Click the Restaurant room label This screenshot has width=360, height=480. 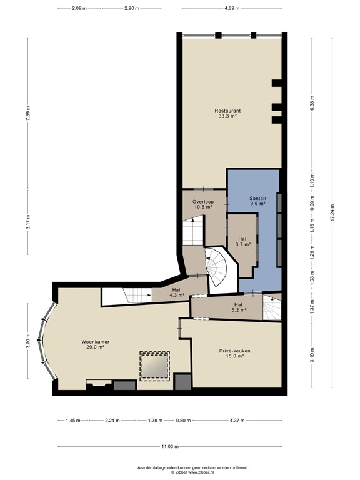coord(227,113)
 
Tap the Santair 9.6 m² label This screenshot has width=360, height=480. coord(257,201)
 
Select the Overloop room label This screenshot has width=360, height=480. coord(203,204)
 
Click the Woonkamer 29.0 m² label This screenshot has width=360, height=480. coord(95,344)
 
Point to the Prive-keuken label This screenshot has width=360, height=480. coord(234,353)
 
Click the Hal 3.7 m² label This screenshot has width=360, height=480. coord(242,242)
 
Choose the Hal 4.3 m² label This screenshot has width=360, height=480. coord(176,292)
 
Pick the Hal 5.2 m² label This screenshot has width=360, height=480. coord(238,307)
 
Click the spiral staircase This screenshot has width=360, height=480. coord(217,267)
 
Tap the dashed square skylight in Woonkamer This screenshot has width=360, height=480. coord(154,366)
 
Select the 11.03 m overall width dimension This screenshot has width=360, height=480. coord(170,446)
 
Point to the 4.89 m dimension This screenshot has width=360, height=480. coord(232,8)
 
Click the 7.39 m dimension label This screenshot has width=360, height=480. coord(28,113)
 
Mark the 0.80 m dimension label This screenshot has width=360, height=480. coord(183,420)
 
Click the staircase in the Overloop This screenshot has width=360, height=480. coord(193,230)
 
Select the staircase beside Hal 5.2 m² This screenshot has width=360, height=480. coord(272,307)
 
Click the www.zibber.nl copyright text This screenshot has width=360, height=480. coord(192,472)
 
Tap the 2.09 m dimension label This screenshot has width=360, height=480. coord(79,8)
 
